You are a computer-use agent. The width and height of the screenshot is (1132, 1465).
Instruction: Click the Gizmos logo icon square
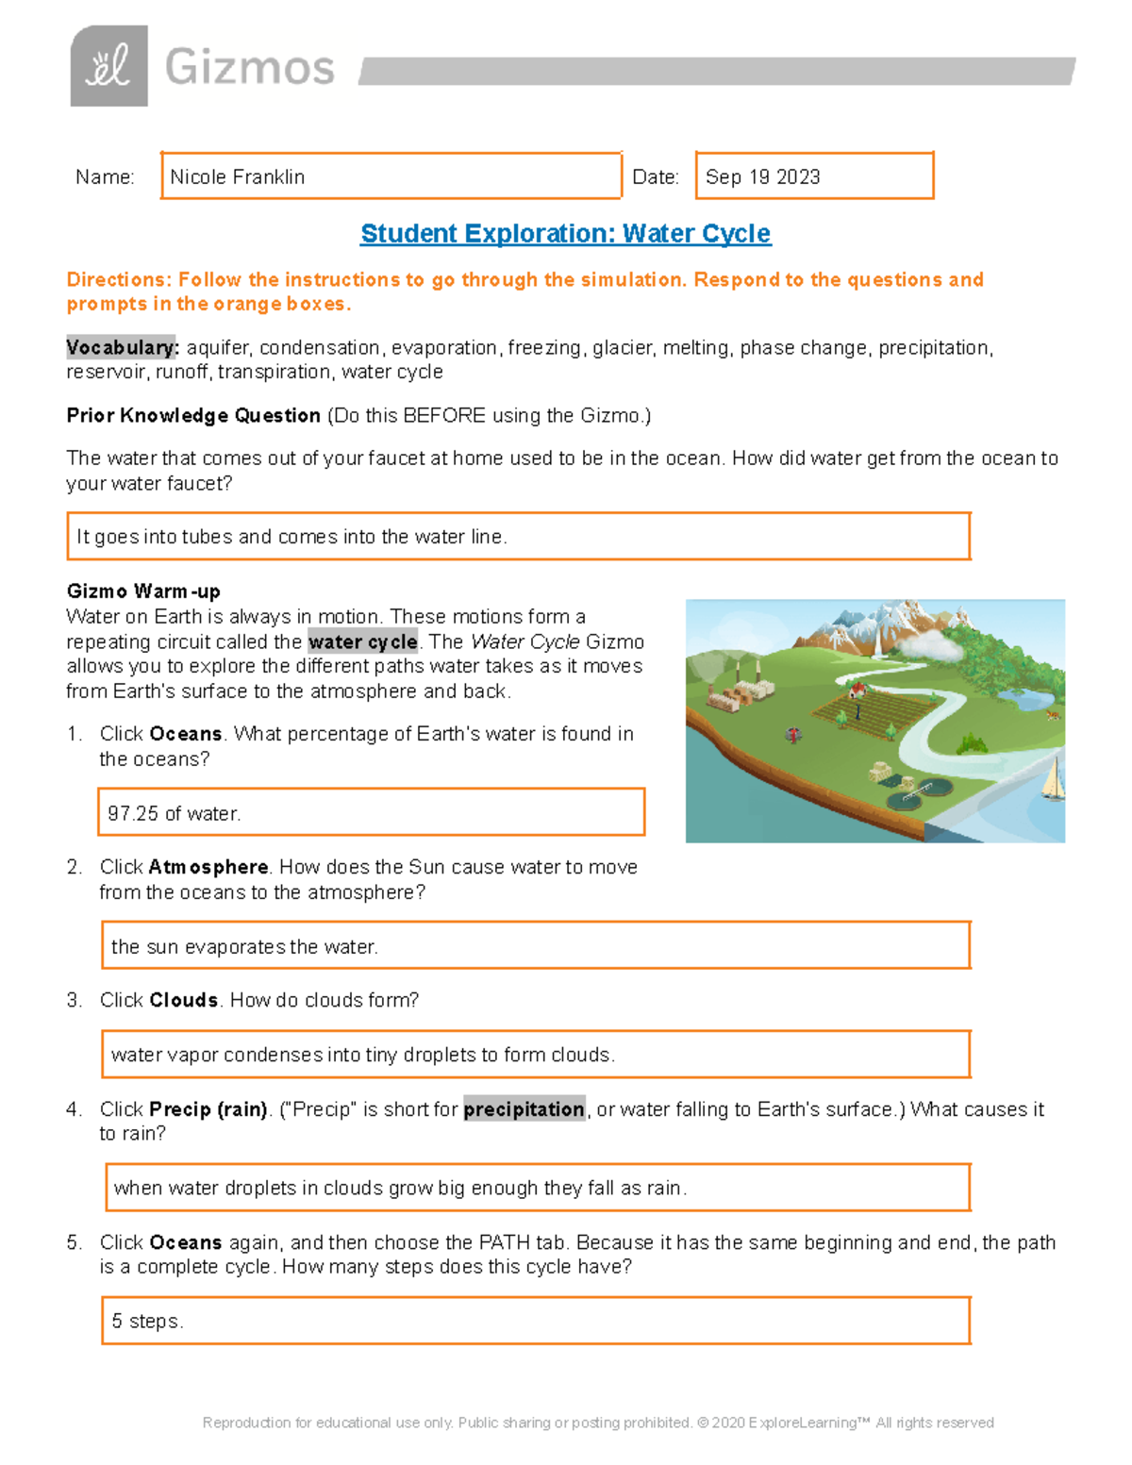point(108,66)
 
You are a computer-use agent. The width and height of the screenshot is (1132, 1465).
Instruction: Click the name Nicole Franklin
point(238,177)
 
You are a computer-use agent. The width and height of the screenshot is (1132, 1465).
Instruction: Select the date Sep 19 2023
point(762,177)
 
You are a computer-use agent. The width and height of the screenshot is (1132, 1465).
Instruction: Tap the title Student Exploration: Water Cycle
point(565,234)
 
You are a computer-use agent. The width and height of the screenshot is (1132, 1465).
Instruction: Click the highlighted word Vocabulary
point(122,348)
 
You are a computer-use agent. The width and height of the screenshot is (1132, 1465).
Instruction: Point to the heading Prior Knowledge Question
point(193,416)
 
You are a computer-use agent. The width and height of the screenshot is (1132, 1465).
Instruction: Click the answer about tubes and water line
point(291,537)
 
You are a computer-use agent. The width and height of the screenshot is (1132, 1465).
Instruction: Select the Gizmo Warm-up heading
point(143,591)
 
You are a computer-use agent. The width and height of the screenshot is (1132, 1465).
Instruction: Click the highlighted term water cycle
point(362,642)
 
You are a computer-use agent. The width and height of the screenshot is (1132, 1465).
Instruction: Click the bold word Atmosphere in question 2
point(208,867)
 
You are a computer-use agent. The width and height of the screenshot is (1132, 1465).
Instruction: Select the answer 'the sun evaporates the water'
point(244,947)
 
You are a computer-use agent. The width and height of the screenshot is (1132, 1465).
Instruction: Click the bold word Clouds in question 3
point(184,1000)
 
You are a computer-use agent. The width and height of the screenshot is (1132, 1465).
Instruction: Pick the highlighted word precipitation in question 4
point(524,1109)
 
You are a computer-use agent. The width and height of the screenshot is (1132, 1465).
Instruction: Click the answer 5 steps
point(147,1322)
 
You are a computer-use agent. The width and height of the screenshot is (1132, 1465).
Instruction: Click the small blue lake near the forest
point(1026,699)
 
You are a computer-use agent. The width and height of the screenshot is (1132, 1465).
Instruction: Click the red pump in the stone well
point(793,734)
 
